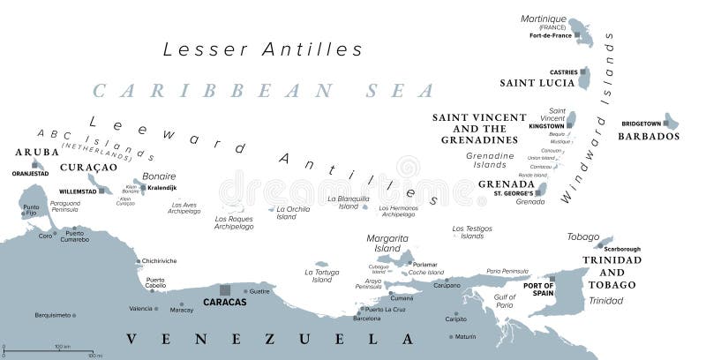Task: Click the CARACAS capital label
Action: (224, 302)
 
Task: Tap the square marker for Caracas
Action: (225, 289)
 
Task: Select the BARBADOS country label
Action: (649, 137)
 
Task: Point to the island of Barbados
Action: (671, 121)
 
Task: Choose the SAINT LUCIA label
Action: (537, 83)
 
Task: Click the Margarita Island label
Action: (387, 244)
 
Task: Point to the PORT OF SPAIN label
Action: (538, 289)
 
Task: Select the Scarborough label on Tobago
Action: (621, 249)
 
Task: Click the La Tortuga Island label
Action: (321, 276)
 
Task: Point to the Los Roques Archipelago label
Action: (233, 221)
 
